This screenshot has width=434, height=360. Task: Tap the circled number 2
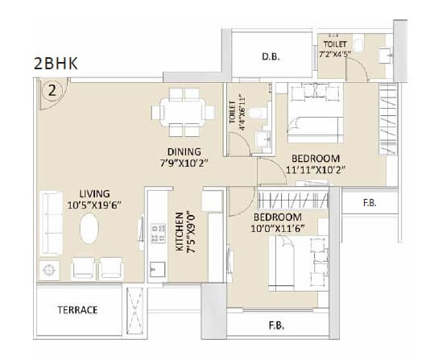point(53,91)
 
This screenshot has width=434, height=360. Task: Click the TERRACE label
point(77,309)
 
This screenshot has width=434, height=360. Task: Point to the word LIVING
point(94,193)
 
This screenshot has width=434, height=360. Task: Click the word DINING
point(184,151)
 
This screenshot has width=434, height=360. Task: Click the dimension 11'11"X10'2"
point(315,171)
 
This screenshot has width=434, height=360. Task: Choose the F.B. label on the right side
point(370,204)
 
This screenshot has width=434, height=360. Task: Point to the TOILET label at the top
point(335,43)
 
